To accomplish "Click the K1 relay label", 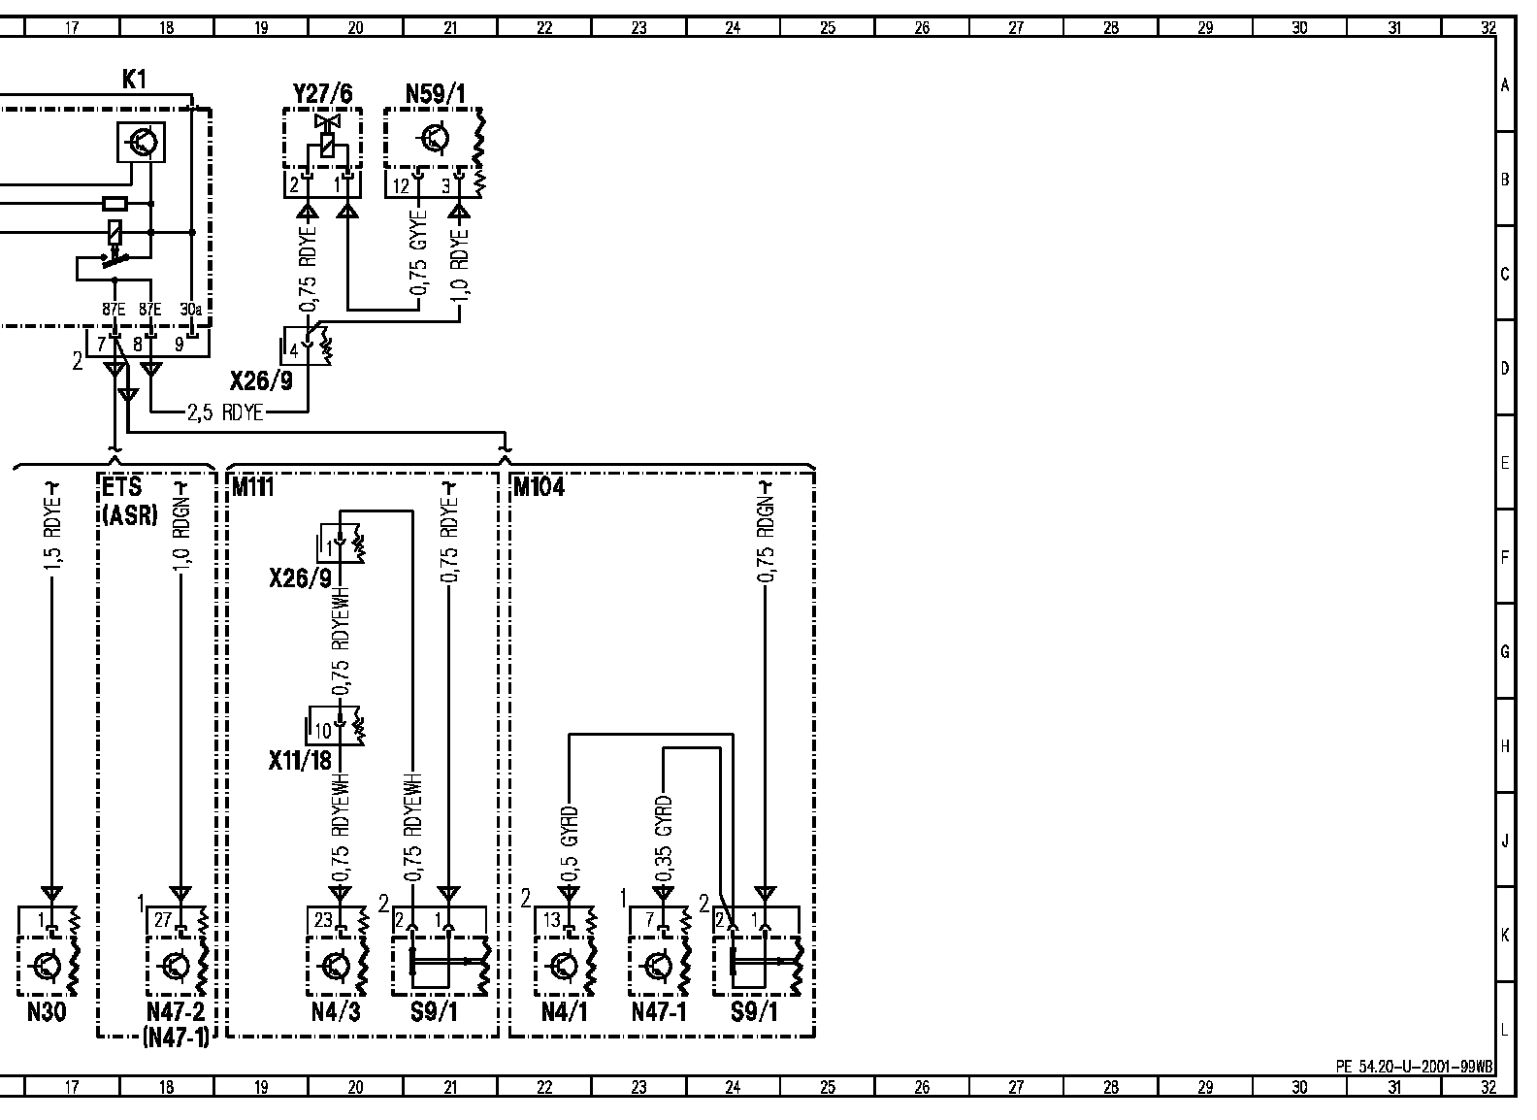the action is pyautogui.click(x=134, y=81).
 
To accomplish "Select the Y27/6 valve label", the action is pyautogui.click(x=322, y=94).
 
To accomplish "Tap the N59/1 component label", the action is pyautogui.click(x=435, y=94).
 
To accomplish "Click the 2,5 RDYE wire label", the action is pyautogui.click(x=225, y=412).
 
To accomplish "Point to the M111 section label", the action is pyautogui.click(x=252, y=487).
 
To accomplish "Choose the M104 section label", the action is pyautogui.click(x=538, y=487).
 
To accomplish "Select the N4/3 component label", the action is pyautogui.click(x=336, y=1013).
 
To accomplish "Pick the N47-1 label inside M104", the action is pyautogui.click(x=659, y=1013).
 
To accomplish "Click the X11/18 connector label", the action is pyautogui.click(x=300, y=761).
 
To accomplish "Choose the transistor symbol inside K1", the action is pyautogui.click(x=142, y=143).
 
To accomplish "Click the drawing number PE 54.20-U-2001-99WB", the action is pyautogui.click(x=1414, y=1067).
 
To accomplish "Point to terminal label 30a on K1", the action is pyautogui.click(x=191, y=310).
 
